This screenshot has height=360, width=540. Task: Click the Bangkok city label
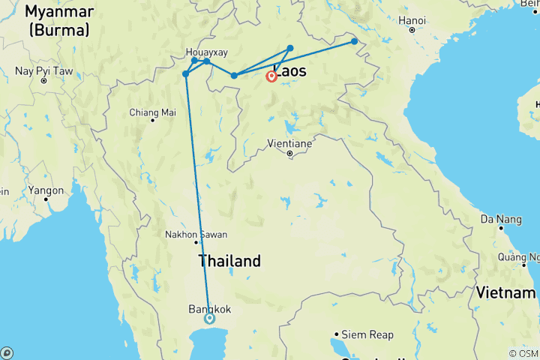(x=209, y=308)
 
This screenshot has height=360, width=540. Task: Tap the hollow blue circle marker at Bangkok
(x=209, y=318)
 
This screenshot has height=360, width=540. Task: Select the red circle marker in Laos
(x=271, y=76)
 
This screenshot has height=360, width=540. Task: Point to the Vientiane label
(x=290, y=142)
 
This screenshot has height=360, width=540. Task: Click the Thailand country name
(x=229, y=261)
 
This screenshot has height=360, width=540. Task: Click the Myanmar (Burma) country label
(x=58, y=21)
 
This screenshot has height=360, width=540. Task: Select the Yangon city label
(x=46, y=190)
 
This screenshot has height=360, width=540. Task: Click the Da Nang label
(x=498, y=219)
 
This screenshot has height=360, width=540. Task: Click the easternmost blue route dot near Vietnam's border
(x=355, y=41)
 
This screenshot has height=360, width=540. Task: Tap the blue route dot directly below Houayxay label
(x=195, y=61)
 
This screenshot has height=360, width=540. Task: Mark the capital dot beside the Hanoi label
(x=412, y=30)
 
